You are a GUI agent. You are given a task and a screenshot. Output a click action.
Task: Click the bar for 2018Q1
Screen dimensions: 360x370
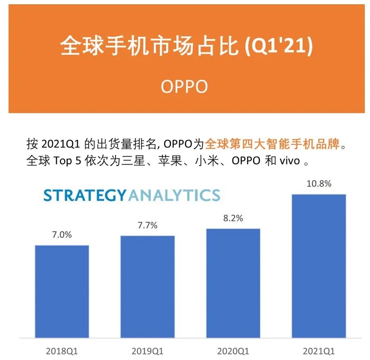(62, 292)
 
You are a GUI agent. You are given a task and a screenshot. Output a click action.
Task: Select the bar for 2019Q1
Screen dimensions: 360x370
(148, 287)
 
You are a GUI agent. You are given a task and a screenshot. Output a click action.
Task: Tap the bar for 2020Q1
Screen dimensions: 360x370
(233, 283)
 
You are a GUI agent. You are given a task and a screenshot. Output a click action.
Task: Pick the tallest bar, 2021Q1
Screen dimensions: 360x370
(319, 266)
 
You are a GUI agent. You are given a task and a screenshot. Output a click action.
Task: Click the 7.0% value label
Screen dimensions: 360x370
(62, 234)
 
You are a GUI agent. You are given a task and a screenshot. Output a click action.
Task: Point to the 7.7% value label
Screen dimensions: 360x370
(147, 225)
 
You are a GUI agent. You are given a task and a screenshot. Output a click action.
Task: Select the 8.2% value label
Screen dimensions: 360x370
(233, 218)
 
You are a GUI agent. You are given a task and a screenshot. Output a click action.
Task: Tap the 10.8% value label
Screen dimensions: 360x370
(319, 184)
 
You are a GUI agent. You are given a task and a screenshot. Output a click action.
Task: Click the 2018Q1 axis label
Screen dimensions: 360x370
(62, 351)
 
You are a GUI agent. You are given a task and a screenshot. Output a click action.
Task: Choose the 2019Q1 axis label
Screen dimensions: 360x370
(148, 351)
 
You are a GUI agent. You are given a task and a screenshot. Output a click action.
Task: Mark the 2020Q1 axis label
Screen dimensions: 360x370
(233, 351)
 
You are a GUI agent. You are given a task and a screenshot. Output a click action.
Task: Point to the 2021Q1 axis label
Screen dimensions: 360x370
(319, 351)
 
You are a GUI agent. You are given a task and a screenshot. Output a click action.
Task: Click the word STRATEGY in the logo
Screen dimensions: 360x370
(85, 195)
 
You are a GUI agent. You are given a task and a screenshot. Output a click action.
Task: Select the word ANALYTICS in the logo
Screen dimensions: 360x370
(174, 195)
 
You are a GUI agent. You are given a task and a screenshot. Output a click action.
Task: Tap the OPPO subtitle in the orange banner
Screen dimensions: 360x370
(185, 87)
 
